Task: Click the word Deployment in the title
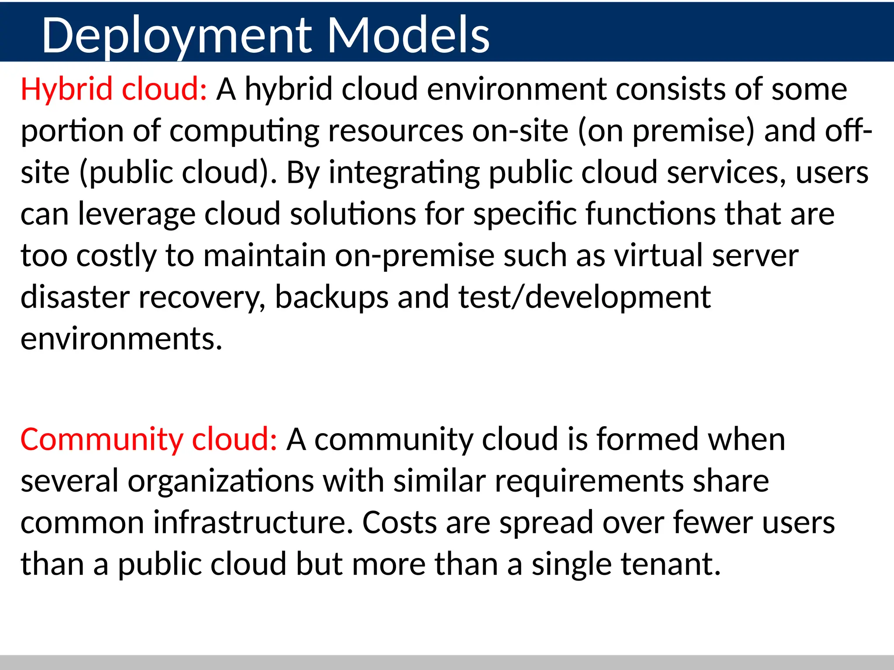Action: (x=177, y=36)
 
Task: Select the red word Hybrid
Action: (x=67, y=89)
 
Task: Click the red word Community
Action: (x=102, y=440)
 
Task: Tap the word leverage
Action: (x=137, y=215)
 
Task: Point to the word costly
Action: (x=116, y=256)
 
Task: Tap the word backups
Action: (x=332, y=297)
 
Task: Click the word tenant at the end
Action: (x=670, y=564)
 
